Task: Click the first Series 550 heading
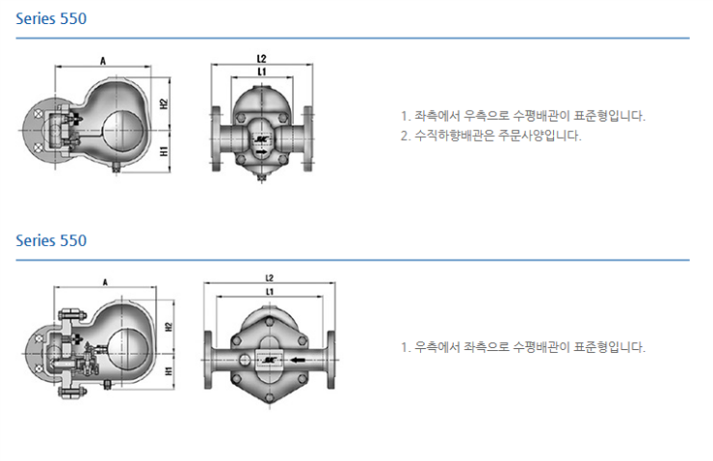[51, 19]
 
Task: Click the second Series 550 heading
[51, 240]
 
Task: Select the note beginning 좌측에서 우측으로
[522, 116]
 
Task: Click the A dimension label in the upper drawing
[102, 61]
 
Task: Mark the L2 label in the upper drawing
[262, 59]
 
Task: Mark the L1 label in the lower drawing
[270, 290]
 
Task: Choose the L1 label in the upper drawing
[262, 71]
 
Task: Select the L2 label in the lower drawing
[270, 278]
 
